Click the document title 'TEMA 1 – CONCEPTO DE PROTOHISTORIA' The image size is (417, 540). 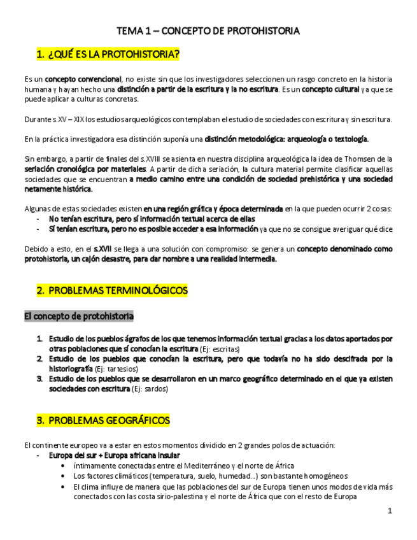click(208, 31)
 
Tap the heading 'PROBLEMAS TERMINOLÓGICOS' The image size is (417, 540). click(118, 291)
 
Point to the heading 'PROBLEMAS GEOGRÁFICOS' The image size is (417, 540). click(109, 421)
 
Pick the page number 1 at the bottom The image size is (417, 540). click(390, 512)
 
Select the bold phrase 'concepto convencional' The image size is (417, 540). click(83, 79)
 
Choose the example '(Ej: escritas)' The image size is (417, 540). click(220, 349)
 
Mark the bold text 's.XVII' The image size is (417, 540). click(105, 249)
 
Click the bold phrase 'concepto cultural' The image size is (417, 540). click(330, 89)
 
